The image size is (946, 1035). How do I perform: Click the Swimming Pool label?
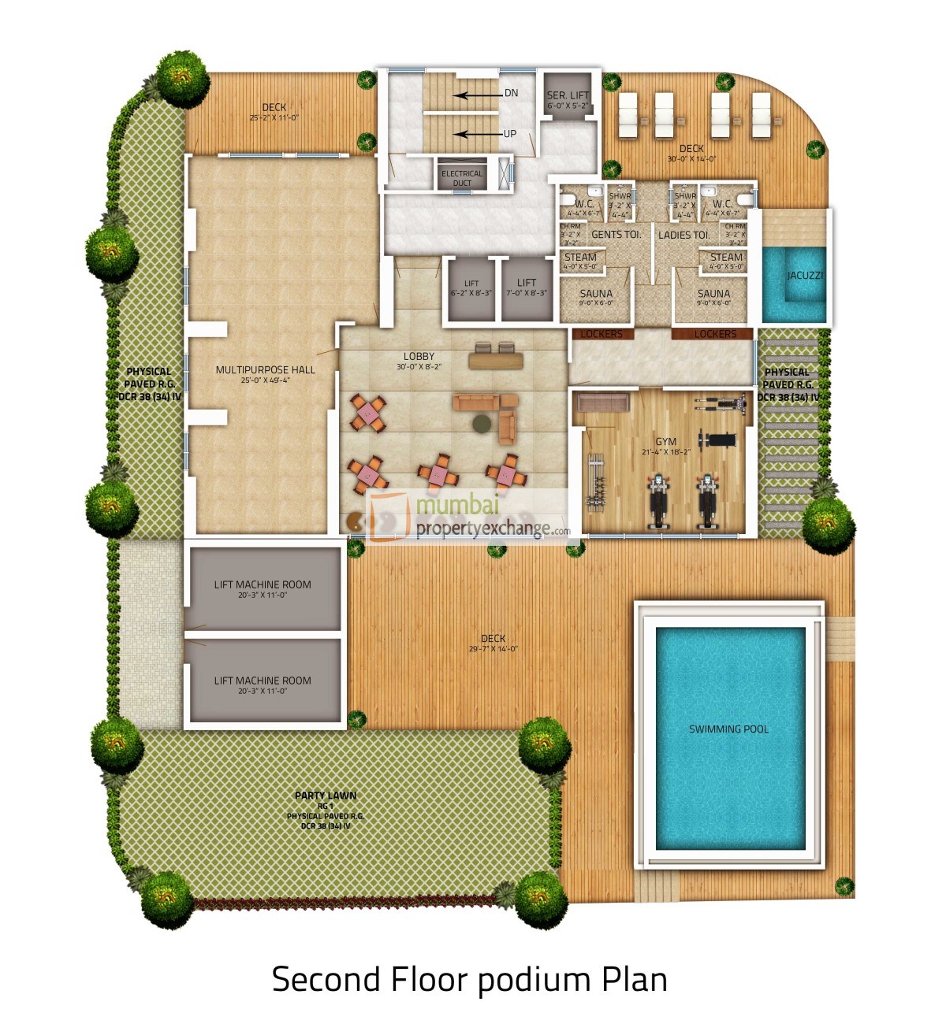pos(728,729)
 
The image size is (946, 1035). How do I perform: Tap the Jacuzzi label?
pos(805,276)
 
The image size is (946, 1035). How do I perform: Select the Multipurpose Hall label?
pos(265,369)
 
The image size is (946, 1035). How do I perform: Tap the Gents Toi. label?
pos(616,235)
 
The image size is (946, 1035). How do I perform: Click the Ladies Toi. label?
pos(683,235)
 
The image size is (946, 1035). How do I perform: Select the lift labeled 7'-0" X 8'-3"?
pos(527,287)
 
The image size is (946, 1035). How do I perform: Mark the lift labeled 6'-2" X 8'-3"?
pos(471,288)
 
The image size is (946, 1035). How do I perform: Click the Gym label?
pos(666,442)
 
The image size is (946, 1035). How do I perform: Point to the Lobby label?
pos(419,357)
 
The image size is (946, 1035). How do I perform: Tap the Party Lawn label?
pos(326,796)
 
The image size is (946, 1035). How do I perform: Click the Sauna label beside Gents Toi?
pos(596,294)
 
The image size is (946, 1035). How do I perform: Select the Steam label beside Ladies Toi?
pos(726,257)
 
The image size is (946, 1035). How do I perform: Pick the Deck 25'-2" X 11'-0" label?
pos(274,108)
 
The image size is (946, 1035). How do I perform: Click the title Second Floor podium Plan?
pos(470,980)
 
